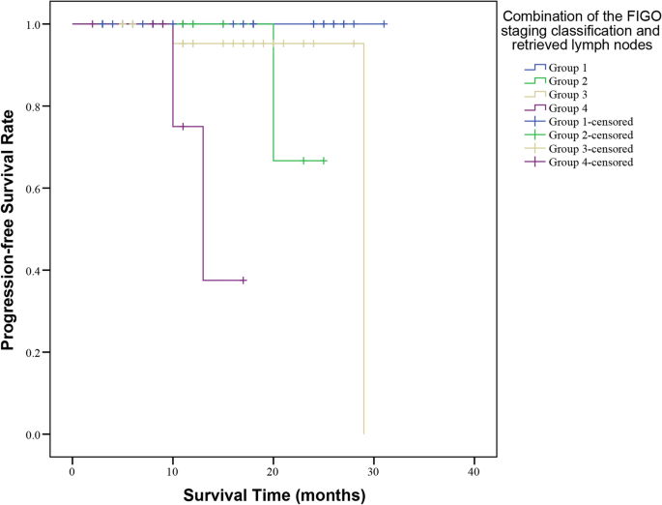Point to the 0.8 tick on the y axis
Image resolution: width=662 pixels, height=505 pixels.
click(35, 106)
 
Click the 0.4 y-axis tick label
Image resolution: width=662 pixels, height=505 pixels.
click(35, 271)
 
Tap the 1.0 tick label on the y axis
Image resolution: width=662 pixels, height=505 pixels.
click(35, 24)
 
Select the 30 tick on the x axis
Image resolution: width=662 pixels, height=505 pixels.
click(373, 471)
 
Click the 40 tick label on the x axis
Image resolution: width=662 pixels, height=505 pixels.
click(474, 471)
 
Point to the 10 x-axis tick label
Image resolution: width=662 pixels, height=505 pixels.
click(173, 471)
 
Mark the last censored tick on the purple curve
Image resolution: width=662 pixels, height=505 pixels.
click(244, 281)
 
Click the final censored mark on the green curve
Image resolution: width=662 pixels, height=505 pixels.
click(324, 161)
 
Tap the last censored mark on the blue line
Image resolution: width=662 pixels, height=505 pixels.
click(384, 24)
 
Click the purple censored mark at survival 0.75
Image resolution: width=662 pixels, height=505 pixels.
click(183, 127)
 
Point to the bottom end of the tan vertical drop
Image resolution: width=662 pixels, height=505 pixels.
click(363, 433)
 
